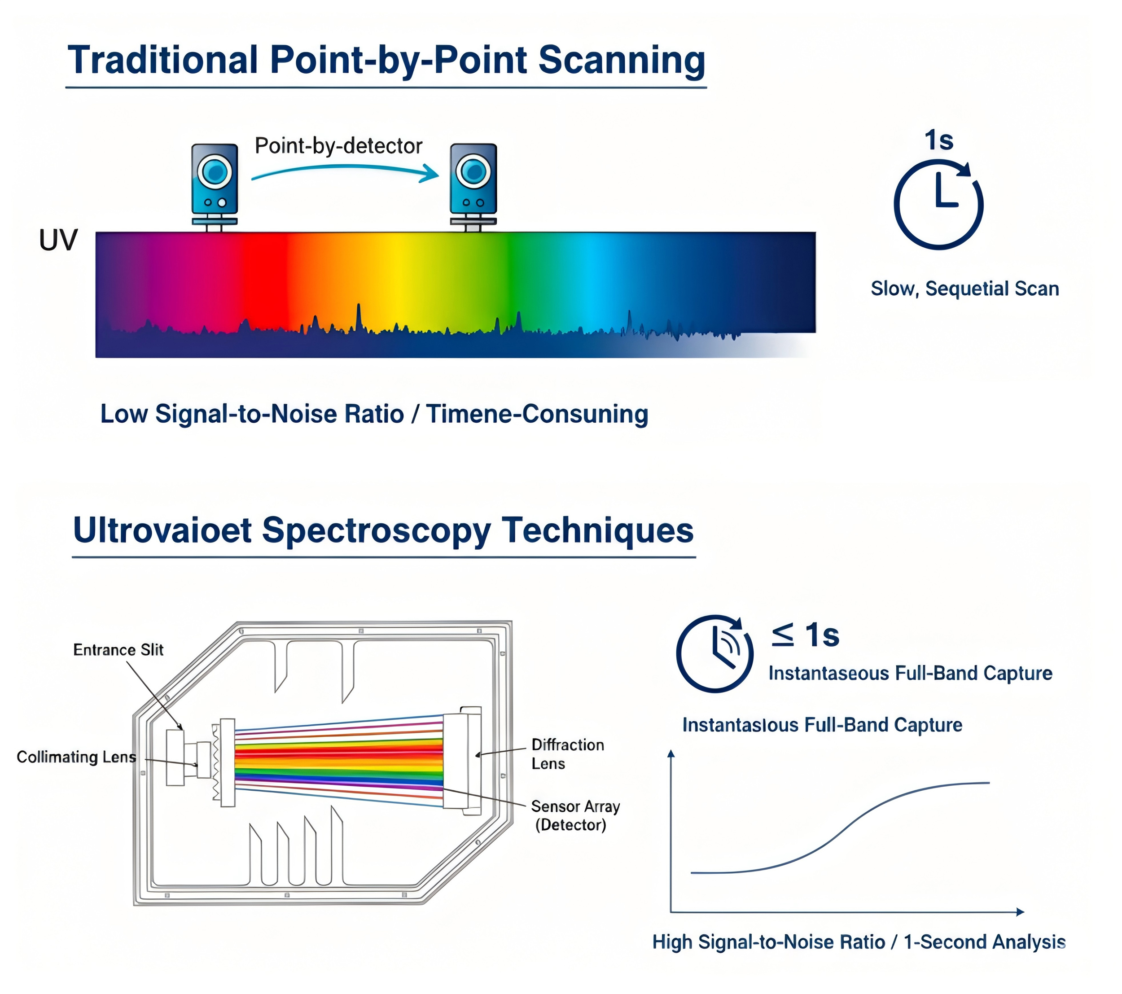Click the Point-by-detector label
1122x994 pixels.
click(x=338, y=146)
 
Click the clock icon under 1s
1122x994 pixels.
click(x=938, y=204)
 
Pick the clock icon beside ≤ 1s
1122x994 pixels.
click(x=714, y=653)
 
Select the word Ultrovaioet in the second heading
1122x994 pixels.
click(x=162, y=530)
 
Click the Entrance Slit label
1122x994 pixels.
click(x=118, y=650)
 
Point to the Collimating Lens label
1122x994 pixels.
click(x=76, y=757)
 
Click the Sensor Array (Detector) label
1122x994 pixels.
click(x=575, y=815)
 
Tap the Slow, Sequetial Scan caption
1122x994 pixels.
click(x=964, y=289)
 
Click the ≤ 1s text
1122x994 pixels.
click(x=805, y=635)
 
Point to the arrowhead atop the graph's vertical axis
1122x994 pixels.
click(x=670, y=753)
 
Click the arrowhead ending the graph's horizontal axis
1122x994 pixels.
click(x=1020, y=912)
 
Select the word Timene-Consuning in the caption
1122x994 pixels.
click(x=537, y=414)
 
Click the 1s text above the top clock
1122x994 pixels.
click(x=938, y=140)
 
